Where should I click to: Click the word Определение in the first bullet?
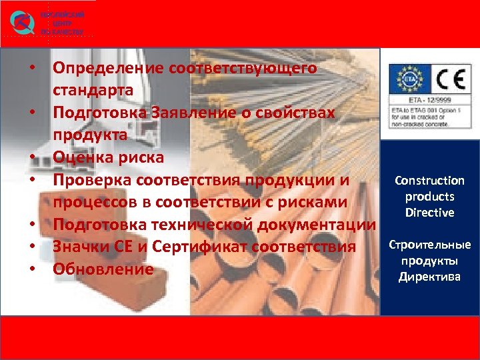[x=109, y=68]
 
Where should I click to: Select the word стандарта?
[x=93, y=90]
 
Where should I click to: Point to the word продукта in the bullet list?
[x=89, y=135]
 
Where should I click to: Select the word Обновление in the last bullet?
[x=103, y=270]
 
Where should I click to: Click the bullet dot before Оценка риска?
[x=31, y=158]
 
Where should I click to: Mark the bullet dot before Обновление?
[x=31, y=271]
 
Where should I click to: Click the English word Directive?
[x=429, y=213]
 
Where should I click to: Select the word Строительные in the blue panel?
[x=429, y=245]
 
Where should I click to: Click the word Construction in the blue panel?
[x=429, y=181]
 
